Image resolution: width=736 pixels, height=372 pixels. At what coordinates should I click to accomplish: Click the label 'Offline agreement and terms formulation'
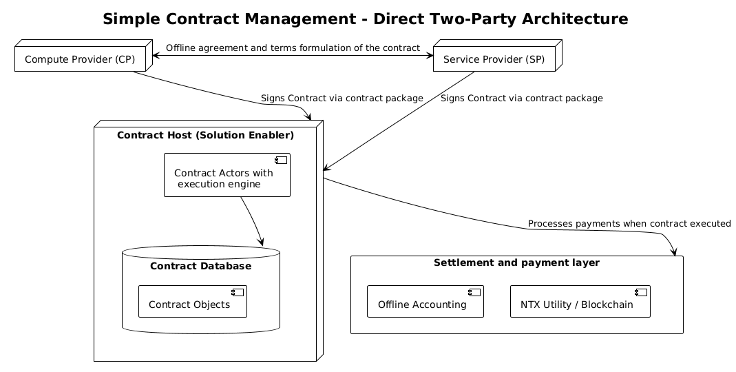(x=293, y=48)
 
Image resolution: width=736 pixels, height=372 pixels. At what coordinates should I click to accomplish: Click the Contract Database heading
(x=200, y=266)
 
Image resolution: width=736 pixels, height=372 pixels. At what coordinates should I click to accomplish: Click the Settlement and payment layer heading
(x=516, y=262)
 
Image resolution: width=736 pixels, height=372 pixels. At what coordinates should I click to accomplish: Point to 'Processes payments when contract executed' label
(x=629, y=224)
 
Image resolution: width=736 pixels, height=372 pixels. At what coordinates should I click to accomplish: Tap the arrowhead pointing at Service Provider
(x=430, y=55)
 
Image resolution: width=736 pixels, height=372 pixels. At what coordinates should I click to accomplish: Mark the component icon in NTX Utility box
(x=642, y=292)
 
